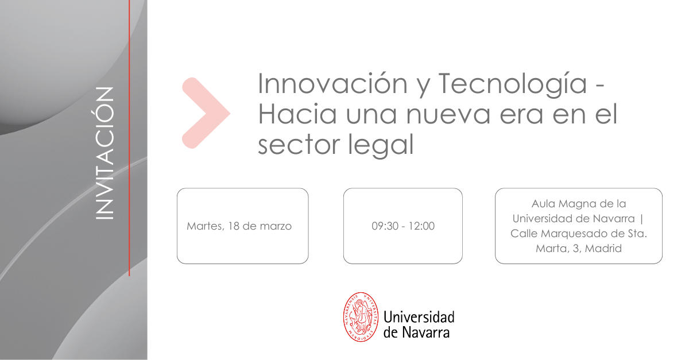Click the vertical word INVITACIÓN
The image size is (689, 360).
click(x=104, y=153)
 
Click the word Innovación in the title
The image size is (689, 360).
click(x=333, y=84)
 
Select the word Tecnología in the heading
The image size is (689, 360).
click(x=513, y=84)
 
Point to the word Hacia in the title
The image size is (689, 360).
click(x=297, y=114)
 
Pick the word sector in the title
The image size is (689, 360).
click(x=299, y=145)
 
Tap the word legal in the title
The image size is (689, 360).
click(x=381, y=145)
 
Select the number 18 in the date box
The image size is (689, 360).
click(x=234, y=226)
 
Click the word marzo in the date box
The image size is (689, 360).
click(x=276, y=226)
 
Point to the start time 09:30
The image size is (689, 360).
click(x=385, y=226)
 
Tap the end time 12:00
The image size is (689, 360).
click(x=421, y=226)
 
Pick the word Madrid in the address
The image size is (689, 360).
click(x=603, y=248)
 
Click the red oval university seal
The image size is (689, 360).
click(x=361, y=317)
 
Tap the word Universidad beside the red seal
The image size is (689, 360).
click(x=419, y=318)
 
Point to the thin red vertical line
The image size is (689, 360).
click(x=129, y=138)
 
